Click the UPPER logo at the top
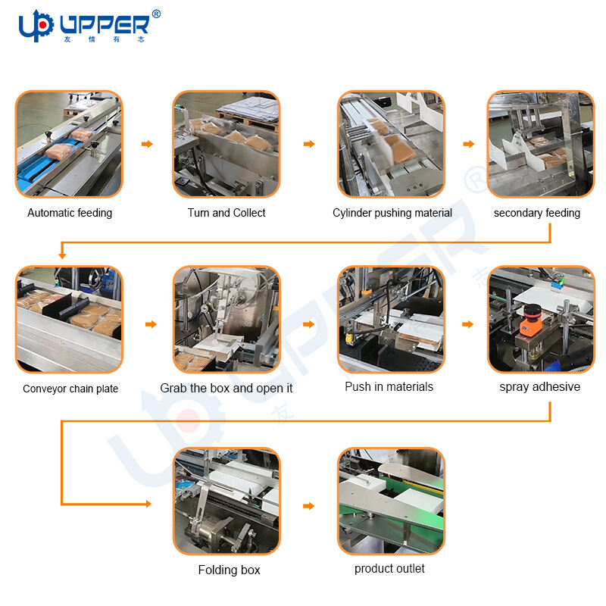tap(89, 26)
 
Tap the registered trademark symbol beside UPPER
tap(156, 14)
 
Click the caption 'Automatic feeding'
tap(70, 213)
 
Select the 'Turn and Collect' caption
tap(226, 213)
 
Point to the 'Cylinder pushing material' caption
tap(392, 213)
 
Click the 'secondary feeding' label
tap(537, 213)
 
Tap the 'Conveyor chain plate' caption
tap(70, 389)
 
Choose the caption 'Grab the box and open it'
tap(226, 388)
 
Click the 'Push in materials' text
tap(389, 386)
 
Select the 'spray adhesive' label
tap(540, 387)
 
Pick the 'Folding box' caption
tap(230, 570)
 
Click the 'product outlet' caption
tap(389, 569)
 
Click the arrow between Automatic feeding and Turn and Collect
tap(147, 144)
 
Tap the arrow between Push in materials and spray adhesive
tap(468, 324)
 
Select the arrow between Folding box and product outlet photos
tap(309, 506)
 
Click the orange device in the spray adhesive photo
tap(531, 320)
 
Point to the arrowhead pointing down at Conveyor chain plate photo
tap(62, 255)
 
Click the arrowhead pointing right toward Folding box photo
tap(148, 504)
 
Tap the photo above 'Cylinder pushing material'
tap(391, 144)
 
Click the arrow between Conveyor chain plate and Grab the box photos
tap(151, 324)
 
